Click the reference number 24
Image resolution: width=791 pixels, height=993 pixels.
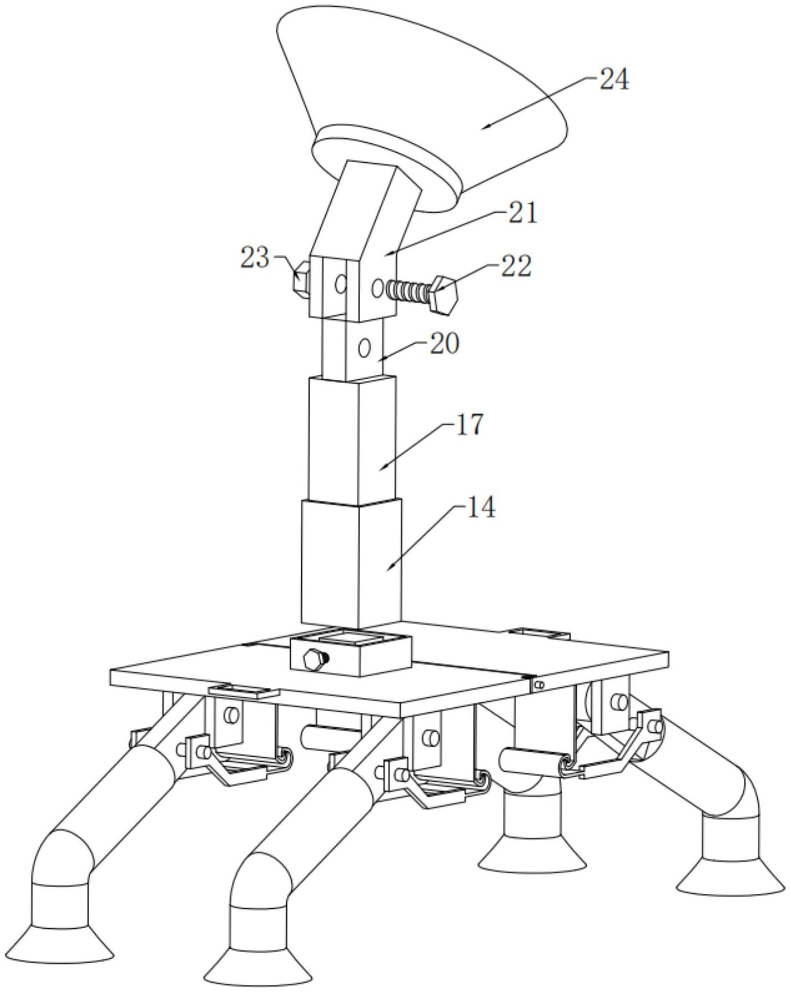(614, 80)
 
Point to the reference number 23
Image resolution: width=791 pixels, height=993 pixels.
(254, 258)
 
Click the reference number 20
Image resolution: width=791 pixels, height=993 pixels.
(444, 344)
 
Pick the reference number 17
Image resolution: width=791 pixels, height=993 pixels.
(469, 425)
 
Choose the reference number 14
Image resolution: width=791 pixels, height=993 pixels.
(481, 508)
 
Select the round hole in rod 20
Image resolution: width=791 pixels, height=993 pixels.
(364, 349)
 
